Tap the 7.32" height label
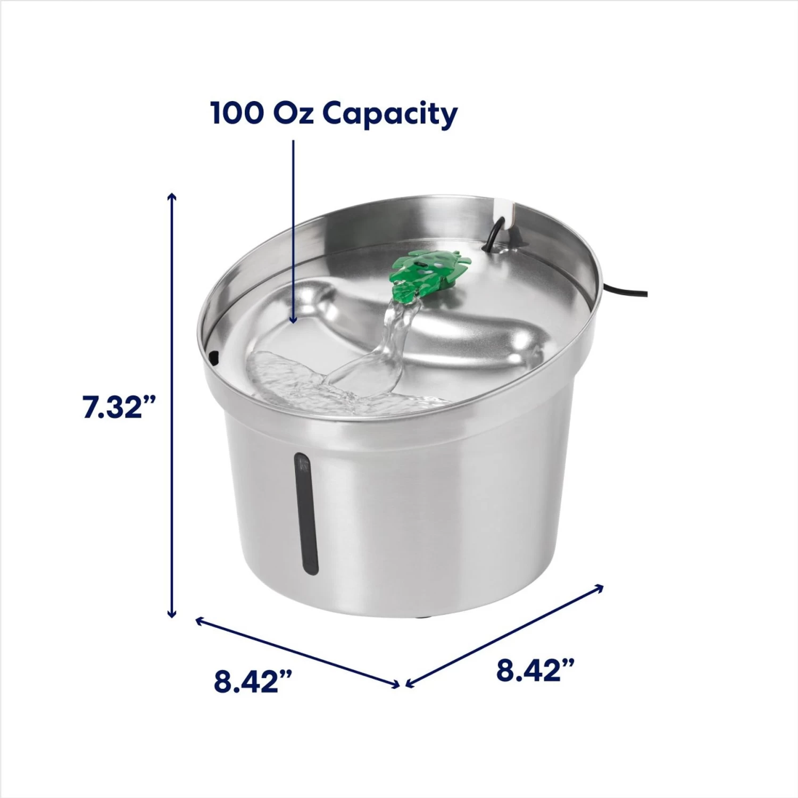[118, 408]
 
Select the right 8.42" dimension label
[535, 670]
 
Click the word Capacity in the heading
[390, 114]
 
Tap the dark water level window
[306, 513]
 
